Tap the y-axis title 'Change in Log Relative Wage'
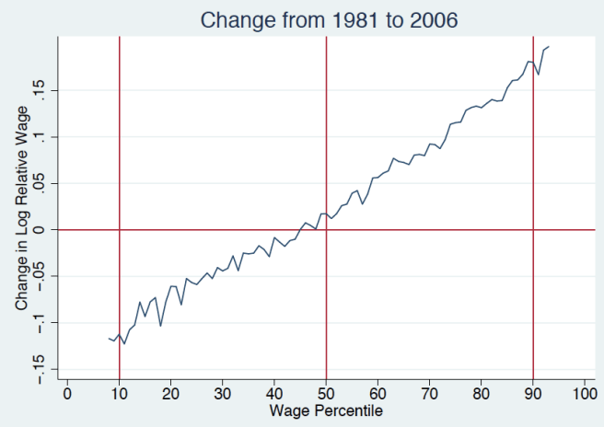tap(21, 207)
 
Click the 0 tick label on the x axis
tap(67, 394)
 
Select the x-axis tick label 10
tap(120, 394)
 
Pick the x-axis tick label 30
tap(223, 394)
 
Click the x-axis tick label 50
tap(326, 394)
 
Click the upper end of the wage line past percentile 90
tap(549, 46)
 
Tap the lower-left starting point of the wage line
tap(109, 338)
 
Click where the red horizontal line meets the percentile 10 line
tap(120, 229)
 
